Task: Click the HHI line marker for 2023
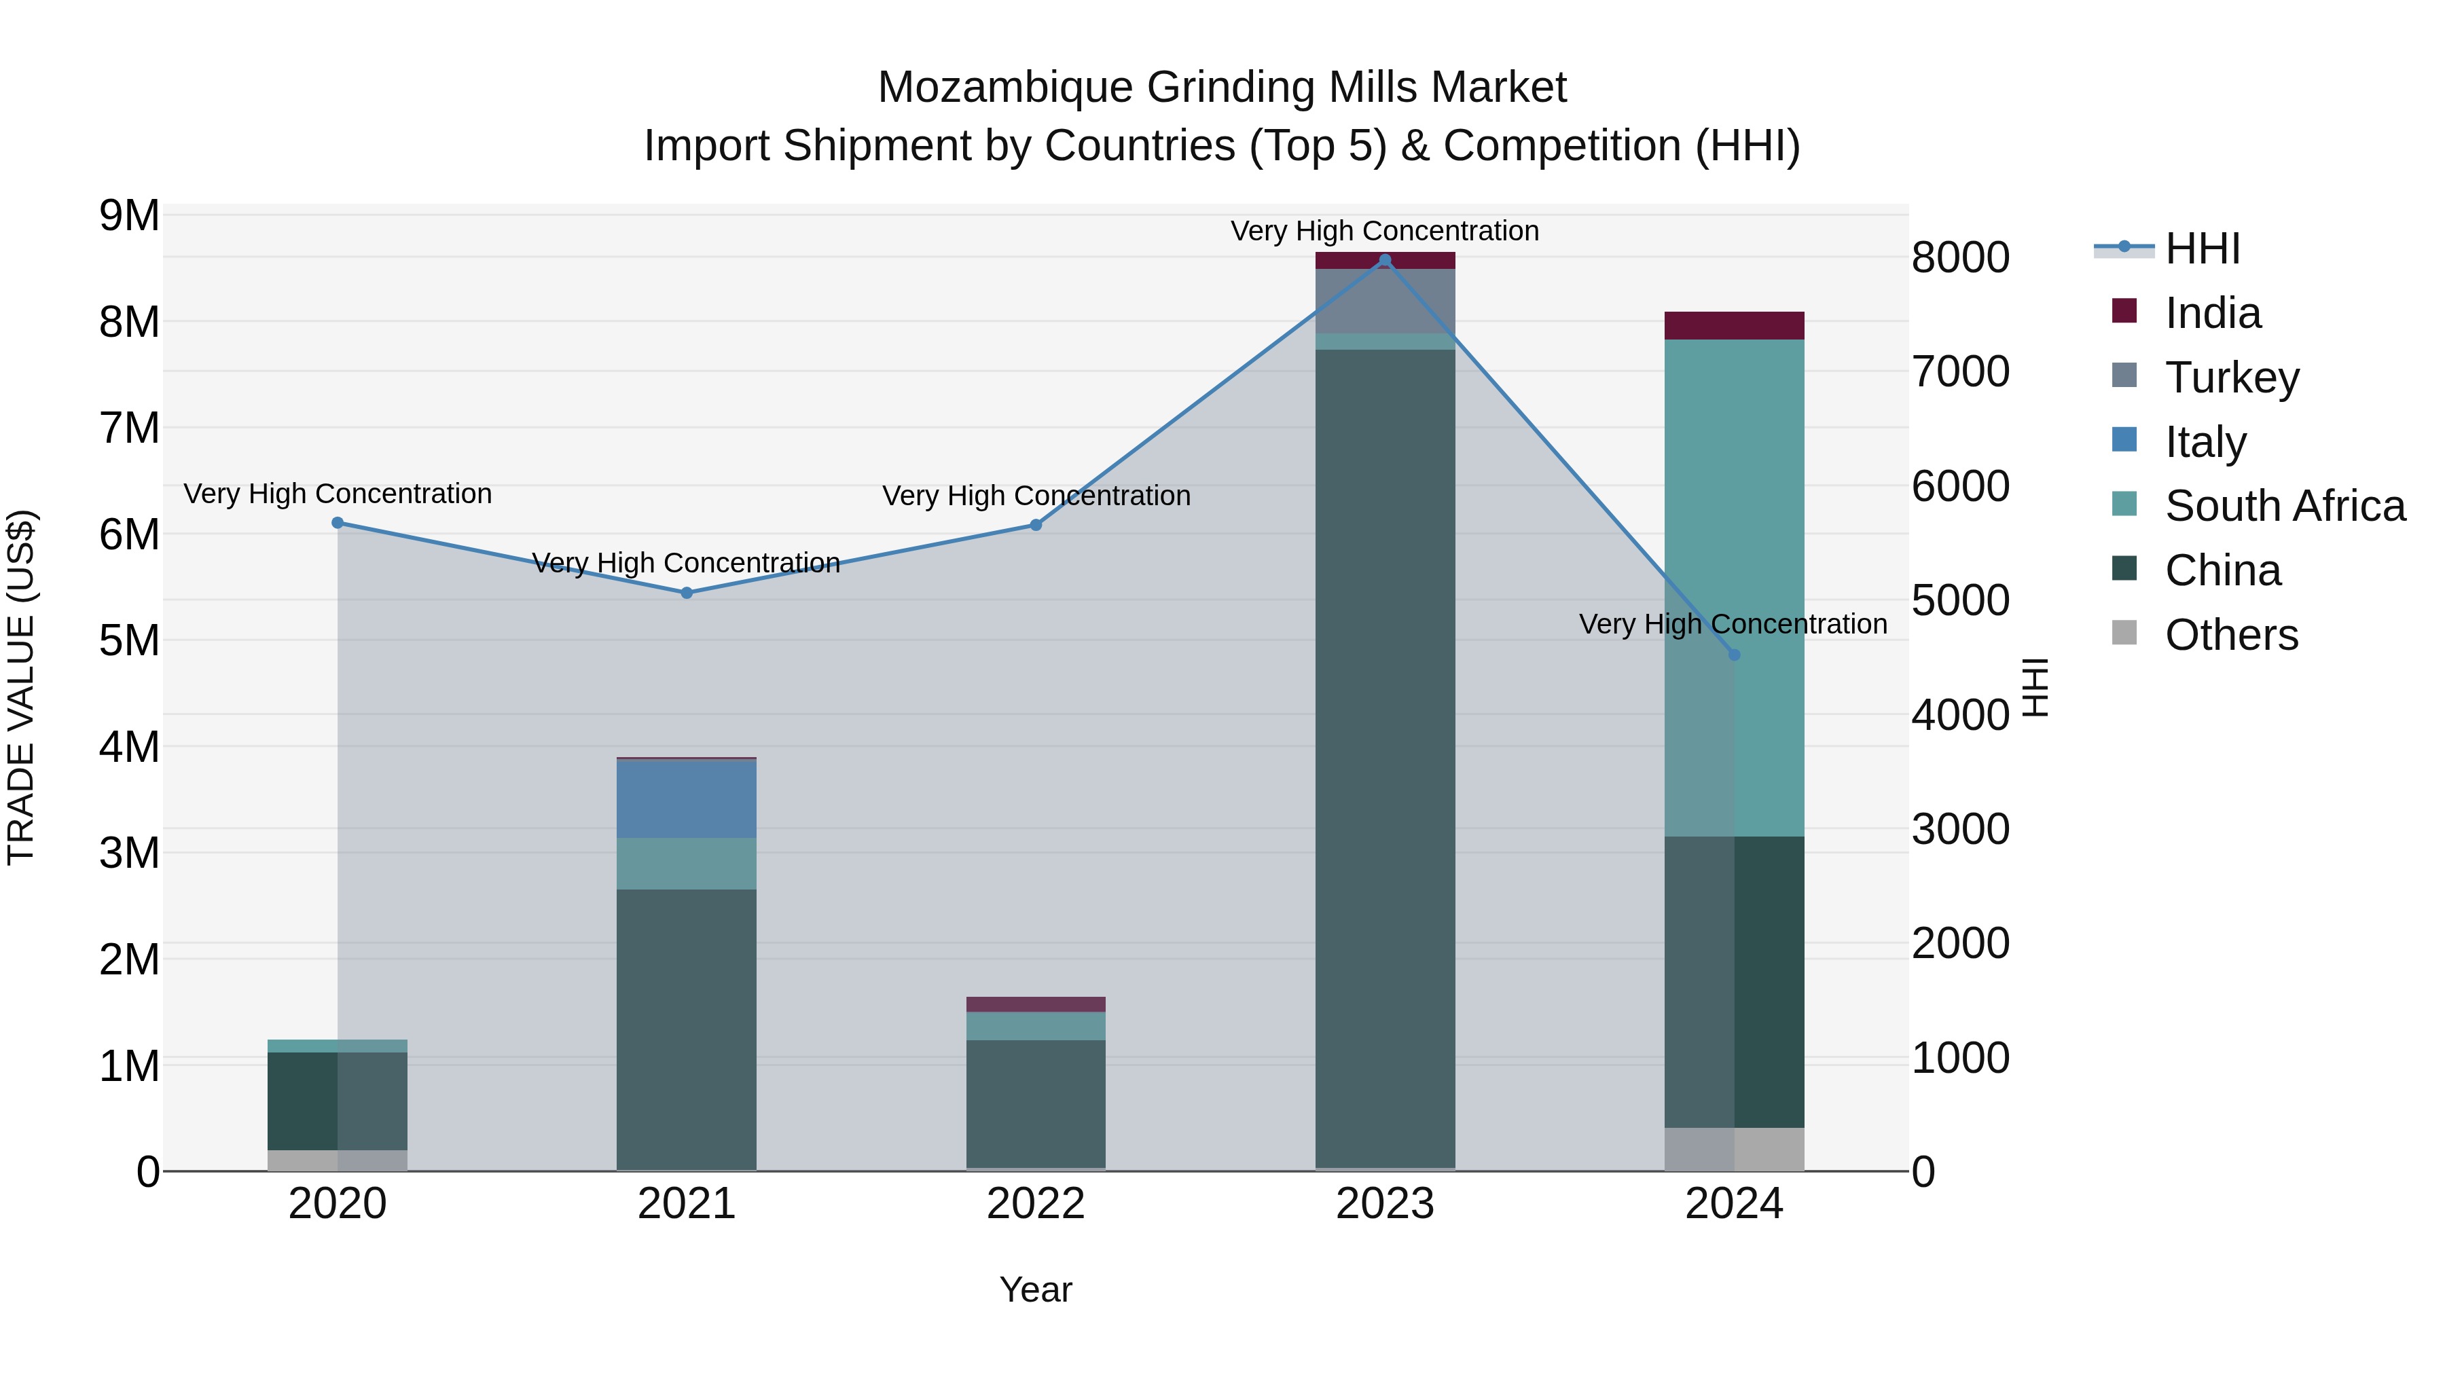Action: tap(1385, 260)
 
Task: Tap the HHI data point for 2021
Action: tap(686, 593)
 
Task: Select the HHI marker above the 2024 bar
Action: tap(1734, 655)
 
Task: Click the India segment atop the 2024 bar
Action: tap(1734, 325)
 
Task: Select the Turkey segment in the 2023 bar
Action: tap(1385, 301)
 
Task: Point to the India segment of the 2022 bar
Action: tap(1036, 1004)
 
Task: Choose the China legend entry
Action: tap(2222, 570)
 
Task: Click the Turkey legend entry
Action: tap(2232, 378)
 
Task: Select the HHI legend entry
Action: tap(2202, 249)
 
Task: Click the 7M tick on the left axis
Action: tap(129, 428)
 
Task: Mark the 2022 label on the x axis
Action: tap(1036, 1204)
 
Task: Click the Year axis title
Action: tap(1036, 1289)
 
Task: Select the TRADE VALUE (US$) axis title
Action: tap(21, 687)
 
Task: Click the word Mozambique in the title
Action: tap(1005, 88)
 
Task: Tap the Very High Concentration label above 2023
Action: tap(1385, 231)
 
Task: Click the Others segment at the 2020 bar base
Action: tap(337, 1160)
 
